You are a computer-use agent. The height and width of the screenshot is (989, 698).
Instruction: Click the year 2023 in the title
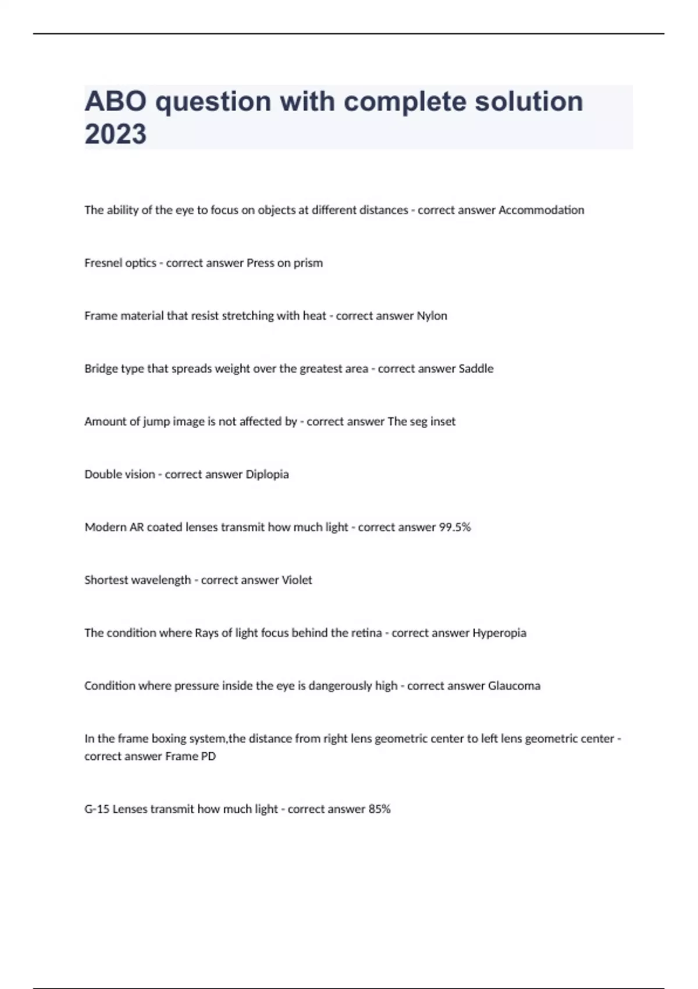pyautogui.click(x=115, y=134)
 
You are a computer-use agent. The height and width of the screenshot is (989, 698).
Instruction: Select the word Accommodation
pyautogui.click(x=542, y=210)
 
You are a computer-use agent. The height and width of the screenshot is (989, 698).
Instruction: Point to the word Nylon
pyautogui.click(x=432, y=316)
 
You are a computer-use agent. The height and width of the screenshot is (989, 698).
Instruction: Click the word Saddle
pyautogui.click(x=476, y=369)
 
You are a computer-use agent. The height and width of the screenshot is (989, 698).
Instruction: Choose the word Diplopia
pyautogui.click(x=267, y=475)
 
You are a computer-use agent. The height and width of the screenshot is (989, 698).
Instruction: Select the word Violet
pyautogui.click(x=297, y=580)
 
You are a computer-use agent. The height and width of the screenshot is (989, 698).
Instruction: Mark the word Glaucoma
pyautogui.click(x=514, y=686)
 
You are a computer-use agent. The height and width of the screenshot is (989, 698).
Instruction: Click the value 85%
pyautogui.click(x=379, y=809)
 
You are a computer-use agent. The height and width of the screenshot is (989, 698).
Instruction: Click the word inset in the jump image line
pyautogui.click(x=443, y=422)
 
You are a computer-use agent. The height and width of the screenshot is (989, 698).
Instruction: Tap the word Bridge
pyautogui.click(x=101, y=369)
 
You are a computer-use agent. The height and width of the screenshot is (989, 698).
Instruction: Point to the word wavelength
pyautogui.click(x=162, y=580)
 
